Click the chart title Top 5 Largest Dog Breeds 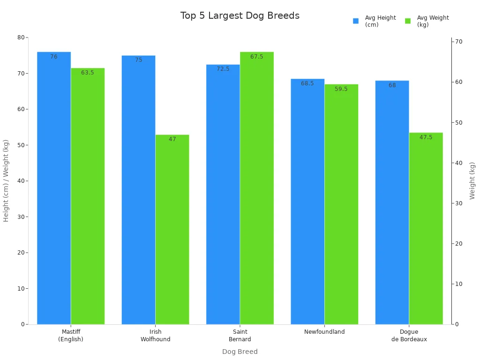pos(240,16)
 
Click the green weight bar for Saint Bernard pos(256,188)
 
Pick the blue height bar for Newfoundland pos(307,202)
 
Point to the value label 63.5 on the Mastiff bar pos(88,73)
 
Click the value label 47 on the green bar pos(172,139)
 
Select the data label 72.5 pos(223,69)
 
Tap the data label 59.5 pos(341,89)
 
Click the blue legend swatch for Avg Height pos(356,21)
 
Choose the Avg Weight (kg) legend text pos(433,21)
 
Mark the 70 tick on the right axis pos(458,42)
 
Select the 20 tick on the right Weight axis pos(458,244)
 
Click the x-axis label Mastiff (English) pos(71,336)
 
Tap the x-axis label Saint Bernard pos(240,336)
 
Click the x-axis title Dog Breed pos(240,352)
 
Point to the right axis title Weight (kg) pos(472,180)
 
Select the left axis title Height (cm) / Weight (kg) pos(6,180)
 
